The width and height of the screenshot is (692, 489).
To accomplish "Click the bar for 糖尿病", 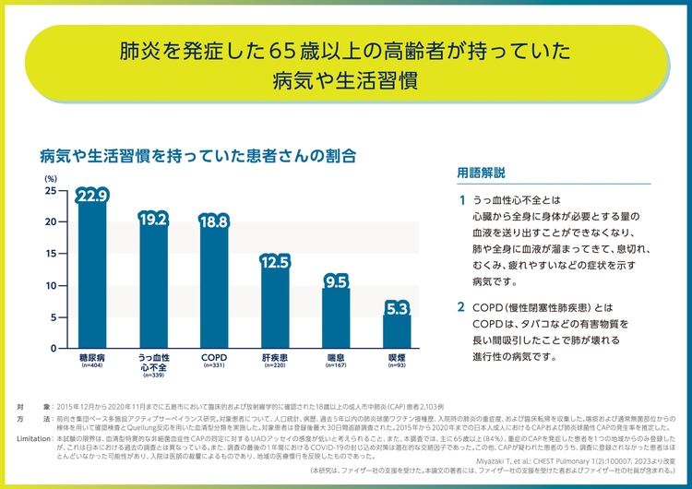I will pyautogui.click(x=93, y=277).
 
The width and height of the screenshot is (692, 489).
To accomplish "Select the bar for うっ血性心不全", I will pyautogui.click(x=153, y=286).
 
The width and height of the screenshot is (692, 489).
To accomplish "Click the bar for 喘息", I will pyautogui.click(x=336, y=318).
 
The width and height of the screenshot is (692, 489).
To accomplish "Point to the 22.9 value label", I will pyautogui.click(x=93, y=196).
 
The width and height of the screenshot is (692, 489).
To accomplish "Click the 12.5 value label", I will pyautogui.click(x=275, y=262).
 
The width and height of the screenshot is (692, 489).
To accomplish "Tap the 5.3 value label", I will pyautogui.click(x=397, y=308).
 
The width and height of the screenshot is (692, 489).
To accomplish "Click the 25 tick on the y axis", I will pyautogui.click(x=50, y=190).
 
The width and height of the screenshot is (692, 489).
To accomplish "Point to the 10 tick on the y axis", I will pyautogui.click(x=50, y=286).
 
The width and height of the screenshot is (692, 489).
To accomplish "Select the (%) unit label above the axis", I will pyautogui.click(x=50, y=176).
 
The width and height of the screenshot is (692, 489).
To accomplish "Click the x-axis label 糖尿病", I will pyautogui.click(x=93, y=356).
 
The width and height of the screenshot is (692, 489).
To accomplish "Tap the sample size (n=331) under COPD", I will pyautogui.click(x=214, y=365).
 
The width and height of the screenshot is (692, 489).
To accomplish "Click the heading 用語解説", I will pyautogui.click(x=481, y=173).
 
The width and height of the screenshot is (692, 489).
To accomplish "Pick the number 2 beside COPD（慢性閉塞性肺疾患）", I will pyautogui.click(x=462, y=305).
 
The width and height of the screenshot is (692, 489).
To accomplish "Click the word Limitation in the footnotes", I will pyautogui.click(x=34, y=438).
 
